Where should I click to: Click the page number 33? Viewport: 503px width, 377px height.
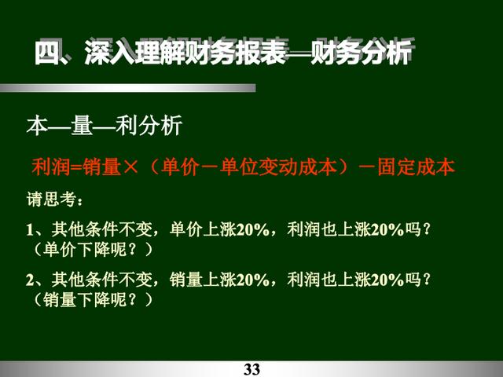(x=251, y=369)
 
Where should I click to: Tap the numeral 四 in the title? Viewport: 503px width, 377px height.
(x=47, y=53)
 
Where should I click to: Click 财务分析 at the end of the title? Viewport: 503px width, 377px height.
(x=362, y=53)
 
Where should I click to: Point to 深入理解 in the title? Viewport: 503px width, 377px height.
(x=135, y=53)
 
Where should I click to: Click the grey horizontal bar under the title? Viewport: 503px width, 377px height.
(x=127, y=88)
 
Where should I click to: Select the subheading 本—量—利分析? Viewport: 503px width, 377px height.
(x=105, y=126)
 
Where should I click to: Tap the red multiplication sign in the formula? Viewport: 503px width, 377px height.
(x=130, y=167)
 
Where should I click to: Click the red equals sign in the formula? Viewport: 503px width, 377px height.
(x=76, y=167)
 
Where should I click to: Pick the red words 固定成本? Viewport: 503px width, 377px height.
(x=416, y=167)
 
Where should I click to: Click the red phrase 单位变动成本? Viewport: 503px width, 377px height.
(x=278, y=167)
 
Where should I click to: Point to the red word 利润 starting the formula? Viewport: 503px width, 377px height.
(x=51, y=167)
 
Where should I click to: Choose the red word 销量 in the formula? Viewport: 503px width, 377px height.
(x=101, y=167)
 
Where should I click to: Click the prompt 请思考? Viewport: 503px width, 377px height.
(x=51, y=199)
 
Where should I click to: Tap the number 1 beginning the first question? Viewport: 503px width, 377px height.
(x=30, y=230)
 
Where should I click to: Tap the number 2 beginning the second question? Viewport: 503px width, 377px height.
(x=30, y=280)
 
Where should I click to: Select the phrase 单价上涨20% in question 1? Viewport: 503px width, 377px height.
(x=219, y=229)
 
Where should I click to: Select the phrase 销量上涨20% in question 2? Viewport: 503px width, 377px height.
(x=219, y=280)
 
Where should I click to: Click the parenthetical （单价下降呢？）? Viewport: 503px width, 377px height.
(x=93, y=249)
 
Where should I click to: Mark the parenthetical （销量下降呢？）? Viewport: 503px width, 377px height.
(x=93, y=299)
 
